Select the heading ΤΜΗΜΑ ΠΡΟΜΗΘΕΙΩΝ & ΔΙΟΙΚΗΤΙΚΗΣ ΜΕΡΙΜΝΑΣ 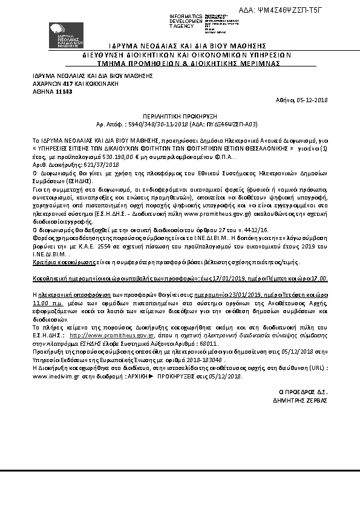179,62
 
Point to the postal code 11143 64,91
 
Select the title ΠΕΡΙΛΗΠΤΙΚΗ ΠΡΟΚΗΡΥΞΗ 179,114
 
